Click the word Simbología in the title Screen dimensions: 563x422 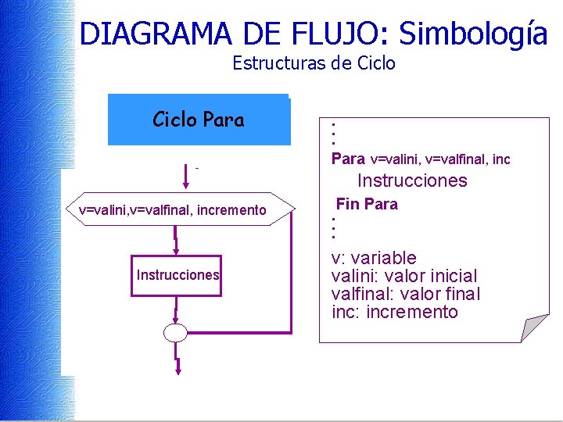pos(472,34)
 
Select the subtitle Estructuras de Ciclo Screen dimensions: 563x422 pos(314,63)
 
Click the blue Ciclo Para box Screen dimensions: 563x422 pos(199,120)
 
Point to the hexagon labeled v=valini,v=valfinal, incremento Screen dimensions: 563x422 pos(173,209)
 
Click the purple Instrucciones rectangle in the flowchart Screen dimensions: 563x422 pos(178,275)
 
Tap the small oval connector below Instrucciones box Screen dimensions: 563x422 pos(176,333)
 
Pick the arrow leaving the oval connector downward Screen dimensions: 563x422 pos(178,359)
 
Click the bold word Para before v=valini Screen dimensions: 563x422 pos(348,159)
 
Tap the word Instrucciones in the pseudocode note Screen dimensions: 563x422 pos(412,181)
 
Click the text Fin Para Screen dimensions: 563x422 pos(367,205)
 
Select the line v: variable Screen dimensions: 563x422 pos(374,258)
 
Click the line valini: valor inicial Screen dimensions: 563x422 pos(404,276)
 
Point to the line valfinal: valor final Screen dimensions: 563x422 pos(406,294)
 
